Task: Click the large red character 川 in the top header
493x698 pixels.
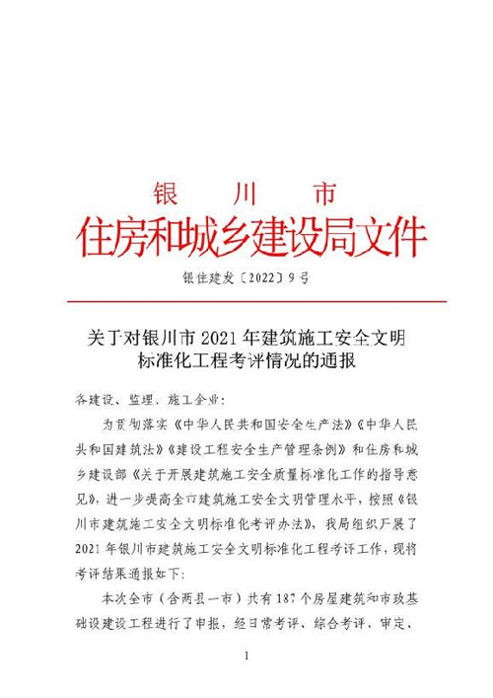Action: [x=246, y=190]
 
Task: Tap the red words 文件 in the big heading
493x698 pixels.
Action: [x=393, y=238]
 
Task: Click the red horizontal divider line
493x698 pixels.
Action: [x=246, y=301]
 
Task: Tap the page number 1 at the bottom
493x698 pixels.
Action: [x=247, y=657]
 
